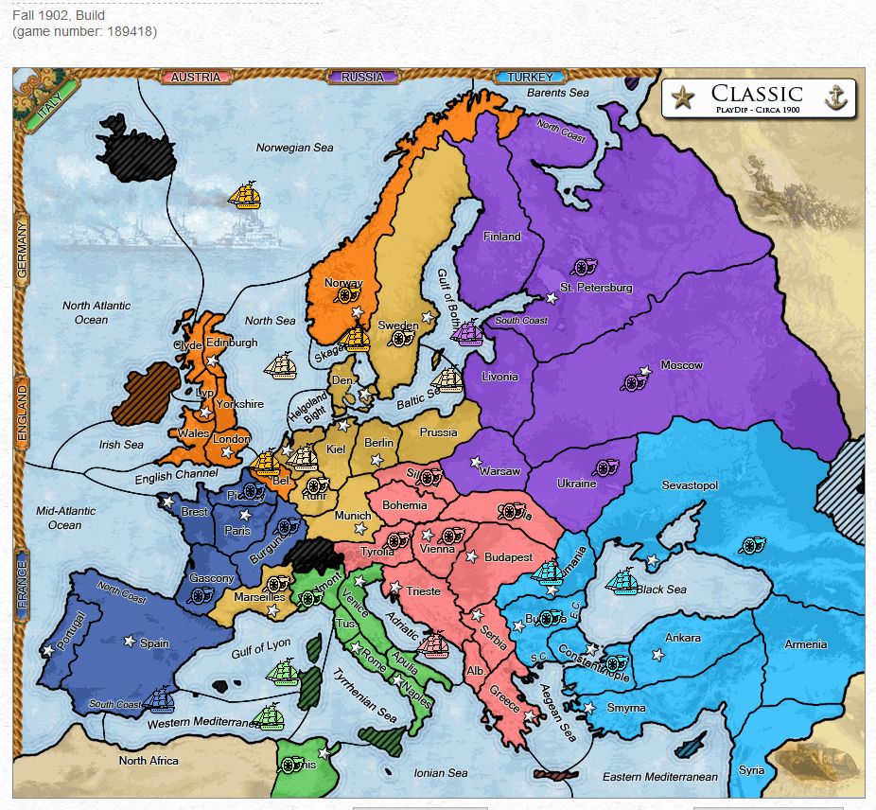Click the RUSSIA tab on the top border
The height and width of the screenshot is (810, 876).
362,77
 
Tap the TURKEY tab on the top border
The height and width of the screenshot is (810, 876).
530,77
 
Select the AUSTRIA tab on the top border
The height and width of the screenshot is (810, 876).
196,77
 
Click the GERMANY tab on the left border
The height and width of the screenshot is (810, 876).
23,247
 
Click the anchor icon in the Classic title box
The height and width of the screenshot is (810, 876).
834,97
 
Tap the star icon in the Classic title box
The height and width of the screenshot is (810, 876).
682,97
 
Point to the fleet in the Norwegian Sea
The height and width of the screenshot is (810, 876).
244,196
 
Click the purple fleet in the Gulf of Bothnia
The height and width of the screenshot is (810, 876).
468,332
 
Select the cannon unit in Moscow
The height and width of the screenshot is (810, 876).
634,381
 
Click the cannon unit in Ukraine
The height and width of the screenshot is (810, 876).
604,467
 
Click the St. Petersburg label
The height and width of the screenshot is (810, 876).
596,288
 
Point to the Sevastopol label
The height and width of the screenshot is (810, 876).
690,485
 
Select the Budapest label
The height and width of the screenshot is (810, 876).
508,557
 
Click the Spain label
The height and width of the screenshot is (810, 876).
154,643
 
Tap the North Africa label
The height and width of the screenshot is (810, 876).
149,760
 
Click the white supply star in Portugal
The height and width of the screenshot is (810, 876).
47,650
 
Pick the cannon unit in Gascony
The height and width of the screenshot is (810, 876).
201,595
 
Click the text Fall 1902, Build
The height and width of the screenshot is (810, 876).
59,16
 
